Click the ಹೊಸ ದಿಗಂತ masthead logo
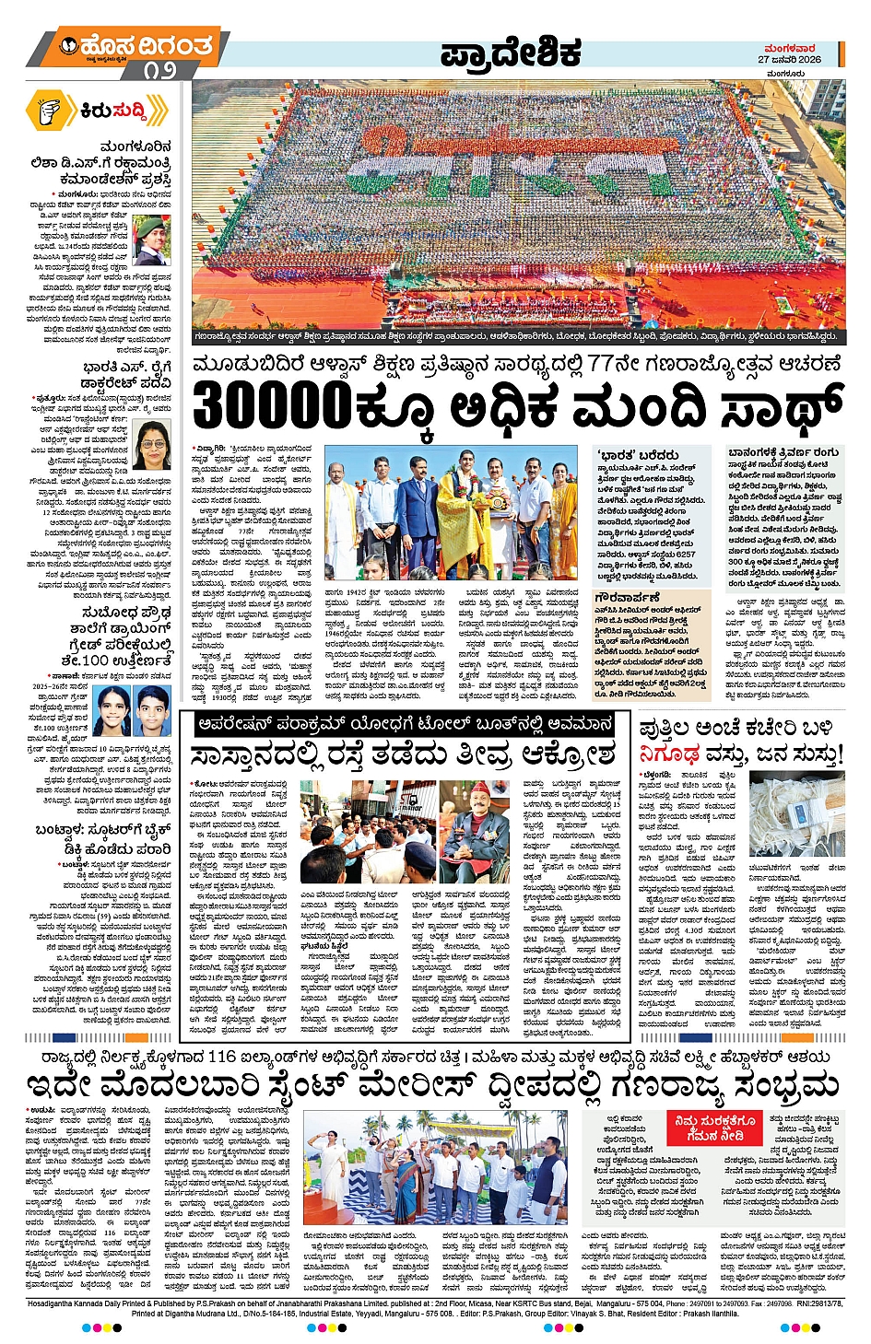[x=136, y=46]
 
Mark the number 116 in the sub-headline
[x=229, y=1058]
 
